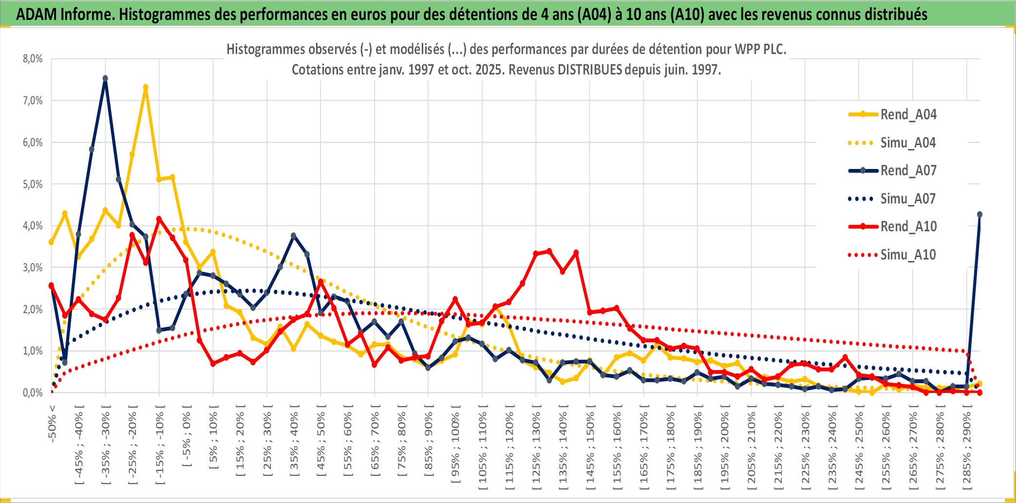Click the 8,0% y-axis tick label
tap(33, 59)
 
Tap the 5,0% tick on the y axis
tap(33, 184)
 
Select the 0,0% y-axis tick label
tap(33, 392)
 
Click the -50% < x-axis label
tap(52, 424)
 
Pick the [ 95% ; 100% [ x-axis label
tap(455, 446)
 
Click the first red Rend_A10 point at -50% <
tap(51, 286)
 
